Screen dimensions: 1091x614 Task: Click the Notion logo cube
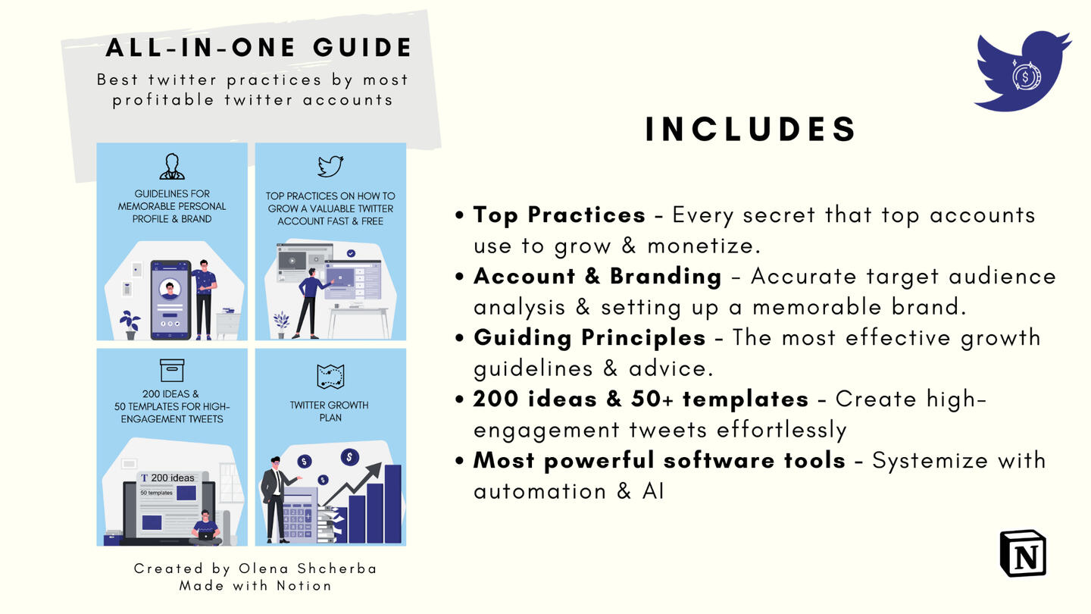(1023, 553)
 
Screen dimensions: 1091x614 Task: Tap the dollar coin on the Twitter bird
(1025, 77)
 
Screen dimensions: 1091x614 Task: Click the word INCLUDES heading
(751, 129)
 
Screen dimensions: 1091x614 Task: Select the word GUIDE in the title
(362, 48)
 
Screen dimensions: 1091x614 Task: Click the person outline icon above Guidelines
(172, 167)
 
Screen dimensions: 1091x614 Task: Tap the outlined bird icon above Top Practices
(330, 166)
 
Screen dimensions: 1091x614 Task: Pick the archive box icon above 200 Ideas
(172, 371)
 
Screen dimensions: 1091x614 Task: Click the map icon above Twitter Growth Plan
(330, 377)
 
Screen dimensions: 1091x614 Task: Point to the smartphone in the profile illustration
(170, 299)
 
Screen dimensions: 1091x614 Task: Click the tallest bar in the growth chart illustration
(393, 504)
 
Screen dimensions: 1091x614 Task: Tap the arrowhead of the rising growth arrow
(374, 470)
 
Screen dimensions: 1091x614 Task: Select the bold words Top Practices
(559, 215)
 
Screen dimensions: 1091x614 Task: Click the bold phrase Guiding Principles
(589, 338)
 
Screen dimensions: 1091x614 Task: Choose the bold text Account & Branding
(597, 276)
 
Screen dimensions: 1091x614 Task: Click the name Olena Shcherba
(308, 569)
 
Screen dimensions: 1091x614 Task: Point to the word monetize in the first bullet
(703, 246)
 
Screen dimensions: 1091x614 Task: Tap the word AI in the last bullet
(653, 491)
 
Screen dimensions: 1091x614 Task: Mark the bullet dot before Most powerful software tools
(459, 461)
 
